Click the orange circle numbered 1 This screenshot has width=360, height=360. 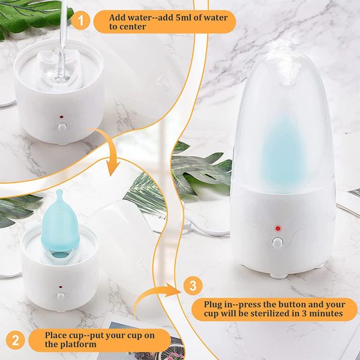pos(80,21)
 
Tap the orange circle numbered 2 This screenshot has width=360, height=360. pos(16,340)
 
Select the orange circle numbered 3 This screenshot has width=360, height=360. pos(193,286)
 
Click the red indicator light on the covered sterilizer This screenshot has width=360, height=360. pos(278,228)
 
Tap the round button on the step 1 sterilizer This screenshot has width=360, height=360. pos(62,126)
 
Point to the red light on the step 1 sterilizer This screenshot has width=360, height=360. pos(61,117)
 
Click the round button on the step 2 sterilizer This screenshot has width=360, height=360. pos(61,295)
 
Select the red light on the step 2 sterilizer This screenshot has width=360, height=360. pos(61,287)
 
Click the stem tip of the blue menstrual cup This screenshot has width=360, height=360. pos(59,191)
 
